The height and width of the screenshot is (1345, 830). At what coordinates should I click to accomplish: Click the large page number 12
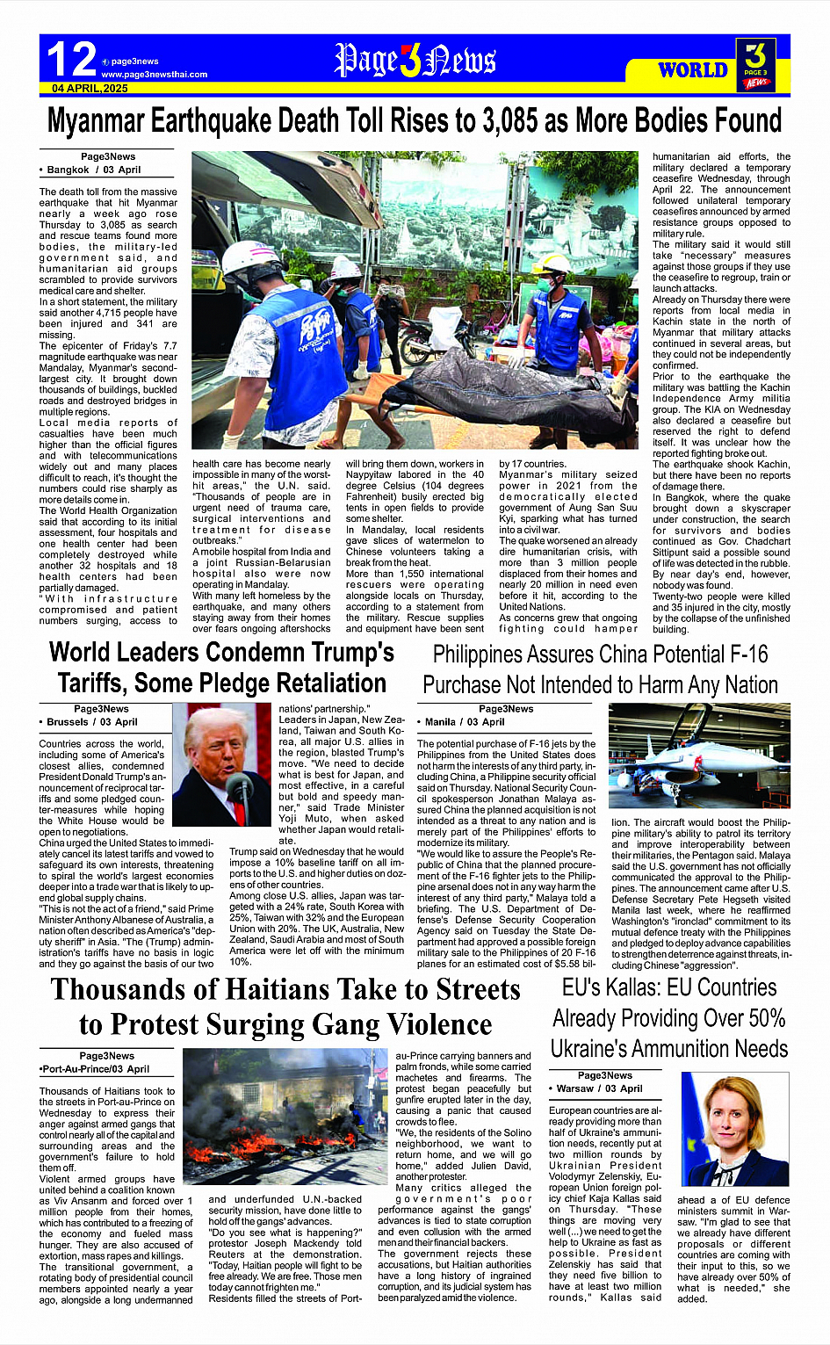(x=70, y=60)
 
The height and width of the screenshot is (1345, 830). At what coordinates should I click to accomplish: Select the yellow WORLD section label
(x=693, y=69)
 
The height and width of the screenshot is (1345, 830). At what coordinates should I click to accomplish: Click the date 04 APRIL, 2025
(x=90, y=89)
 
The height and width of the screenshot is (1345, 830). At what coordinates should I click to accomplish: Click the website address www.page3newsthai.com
(x=155, y=75)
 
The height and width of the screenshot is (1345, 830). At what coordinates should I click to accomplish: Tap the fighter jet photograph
(x=699, y=756)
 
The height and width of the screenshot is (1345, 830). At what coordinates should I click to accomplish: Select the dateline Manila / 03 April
(x=465, y=722)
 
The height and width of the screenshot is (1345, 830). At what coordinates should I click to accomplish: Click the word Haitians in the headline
(x=261, y=990)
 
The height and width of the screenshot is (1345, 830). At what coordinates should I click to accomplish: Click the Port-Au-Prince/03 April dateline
(x=95, y=1069)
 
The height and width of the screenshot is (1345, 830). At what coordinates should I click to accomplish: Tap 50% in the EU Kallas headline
(x=761, y=1018)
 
